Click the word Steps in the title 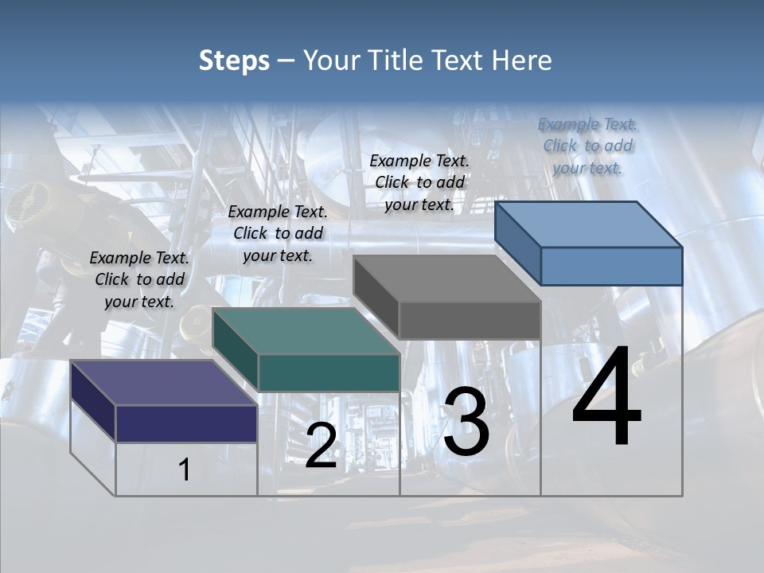[234, 60]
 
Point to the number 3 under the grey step [466, 422]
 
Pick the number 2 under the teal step [321, 445]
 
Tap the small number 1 [185, 470]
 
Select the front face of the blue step [611, 266]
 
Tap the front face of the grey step [470, 320]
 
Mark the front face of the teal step [329, 372]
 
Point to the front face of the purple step [186, 423]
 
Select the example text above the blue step [587, 146]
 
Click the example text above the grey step [419, 182]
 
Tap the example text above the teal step [278, 233]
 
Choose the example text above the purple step [139, 279]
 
